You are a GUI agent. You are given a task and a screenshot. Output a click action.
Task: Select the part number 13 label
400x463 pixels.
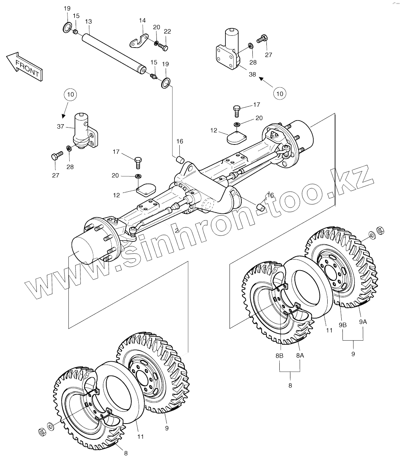pos(88,21)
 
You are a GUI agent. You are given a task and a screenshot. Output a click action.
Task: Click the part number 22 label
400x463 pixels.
pos(167,32)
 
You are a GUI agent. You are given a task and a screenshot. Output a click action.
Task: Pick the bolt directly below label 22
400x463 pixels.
pos(164,47)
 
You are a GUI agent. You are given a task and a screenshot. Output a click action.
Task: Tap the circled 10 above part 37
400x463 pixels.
pos(71,94)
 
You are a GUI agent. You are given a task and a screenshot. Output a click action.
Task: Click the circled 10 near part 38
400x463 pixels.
pos(280,94)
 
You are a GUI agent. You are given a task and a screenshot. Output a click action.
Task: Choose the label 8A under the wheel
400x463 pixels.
pos(299,356)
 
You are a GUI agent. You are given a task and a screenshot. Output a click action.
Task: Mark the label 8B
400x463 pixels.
pos(279,356)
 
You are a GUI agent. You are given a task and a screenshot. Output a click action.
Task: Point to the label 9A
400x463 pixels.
pos(363,321)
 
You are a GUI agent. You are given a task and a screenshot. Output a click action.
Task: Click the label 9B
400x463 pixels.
pos(343,325)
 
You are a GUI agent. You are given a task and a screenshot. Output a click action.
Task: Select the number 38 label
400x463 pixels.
pos(252,74)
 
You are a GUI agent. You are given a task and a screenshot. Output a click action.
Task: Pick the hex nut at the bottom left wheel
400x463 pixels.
pos(42,431)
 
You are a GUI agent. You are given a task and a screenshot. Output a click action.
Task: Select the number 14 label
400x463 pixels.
pos(142,21)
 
